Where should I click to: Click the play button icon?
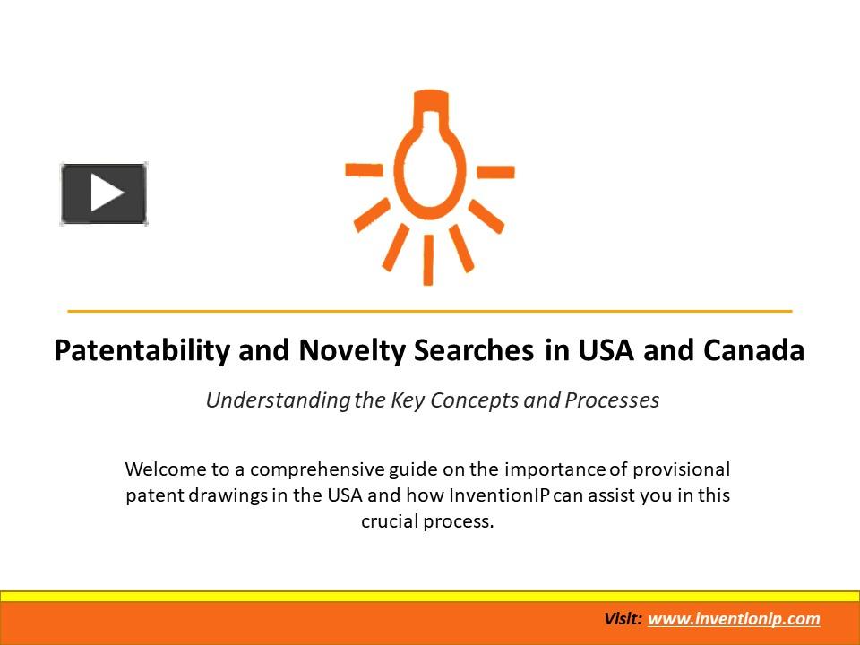[x=104, y=193]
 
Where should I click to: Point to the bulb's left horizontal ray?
[x=364, y=169]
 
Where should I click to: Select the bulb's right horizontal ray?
[x=495, y=171]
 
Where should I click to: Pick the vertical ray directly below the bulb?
[x=428, y=260]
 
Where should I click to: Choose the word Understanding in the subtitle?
[x=277, y=400]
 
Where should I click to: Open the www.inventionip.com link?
[x=734, y=619]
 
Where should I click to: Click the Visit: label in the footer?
[x=623, y=619]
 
